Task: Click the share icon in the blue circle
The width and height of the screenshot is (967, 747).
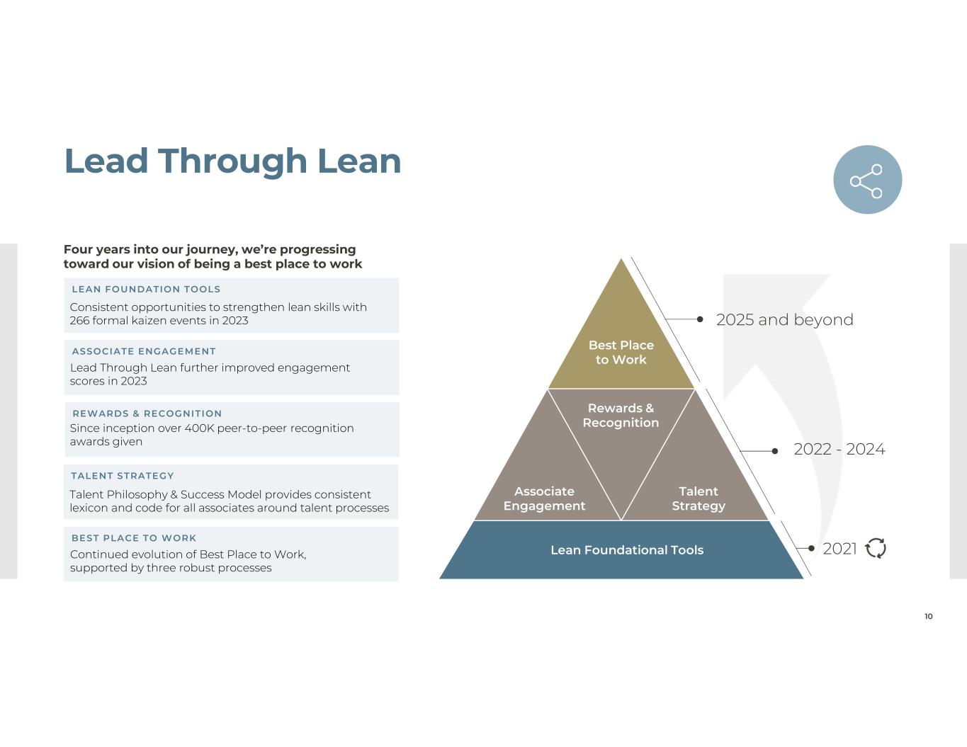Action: tap(866, 181)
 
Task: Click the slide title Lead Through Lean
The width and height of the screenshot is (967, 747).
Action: tap(233, 161)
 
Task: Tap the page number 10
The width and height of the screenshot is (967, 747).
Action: tap(928, 616)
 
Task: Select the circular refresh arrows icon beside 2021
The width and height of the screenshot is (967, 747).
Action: tap(876, 548)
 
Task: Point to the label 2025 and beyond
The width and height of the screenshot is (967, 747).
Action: tap(784, 320)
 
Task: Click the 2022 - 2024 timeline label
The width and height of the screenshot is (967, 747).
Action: tap(839, 449)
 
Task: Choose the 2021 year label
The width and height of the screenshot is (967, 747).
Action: tap(839, 549)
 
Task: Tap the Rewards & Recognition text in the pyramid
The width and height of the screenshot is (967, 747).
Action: tap(621, 416)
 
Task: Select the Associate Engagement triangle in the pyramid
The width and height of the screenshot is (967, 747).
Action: tap(548, 480)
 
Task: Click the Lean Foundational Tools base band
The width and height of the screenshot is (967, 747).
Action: tap(622, 550)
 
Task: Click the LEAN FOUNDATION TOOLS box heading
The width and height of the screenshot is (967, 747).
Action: tap(146, 289)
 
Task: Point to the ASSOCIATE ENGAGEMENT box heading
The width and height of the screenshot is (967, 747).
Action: tap(144, 351)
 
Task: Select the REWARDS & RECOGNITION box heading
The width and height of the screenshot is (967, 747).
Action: tap(147, 414)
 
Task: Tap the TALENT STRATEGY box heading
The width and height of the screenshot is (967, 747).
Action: tap(123, 476)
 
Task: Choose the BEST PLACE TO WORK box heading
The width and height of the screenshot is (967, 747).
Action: tap(133, 538)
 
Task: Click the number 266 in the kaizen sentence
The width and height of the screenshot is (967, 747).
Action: tap(79, 321)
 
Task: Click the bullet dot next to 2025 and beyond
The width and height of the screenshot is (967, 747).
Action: tap(699, 319)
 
